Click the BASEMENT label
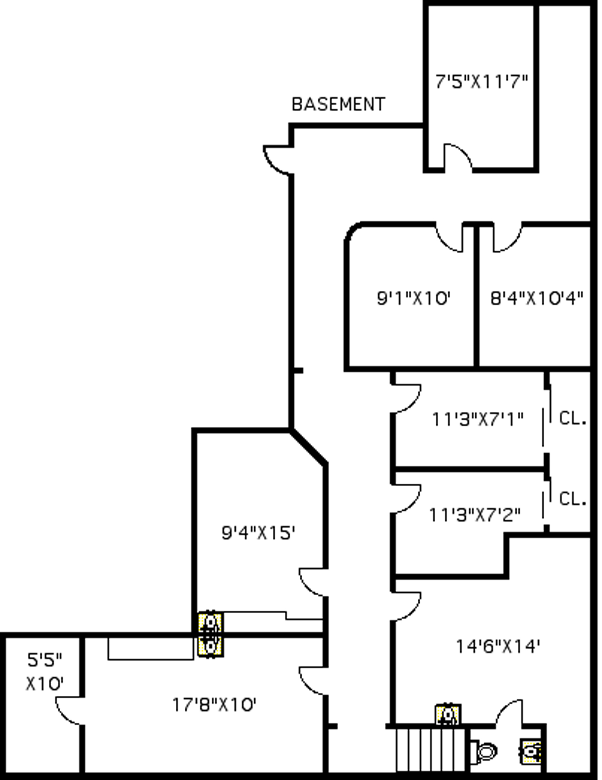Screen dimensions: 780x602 (x=338, y=104)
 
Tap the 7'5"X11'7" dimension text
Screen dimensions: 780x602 (x=482, y=82)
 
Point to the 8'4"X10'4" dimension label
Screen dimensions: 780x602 (x=536, y=298)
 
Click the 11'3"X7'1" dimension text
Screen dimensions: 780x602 (x=477, y=419)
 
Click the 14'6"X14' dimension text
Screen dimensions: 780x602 (x=498, y=647)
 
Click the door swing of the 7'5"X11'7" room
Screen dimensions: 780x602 (x=457, y=156)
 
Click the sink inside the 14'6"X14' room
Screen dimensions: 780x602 (x=448, y=715)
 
